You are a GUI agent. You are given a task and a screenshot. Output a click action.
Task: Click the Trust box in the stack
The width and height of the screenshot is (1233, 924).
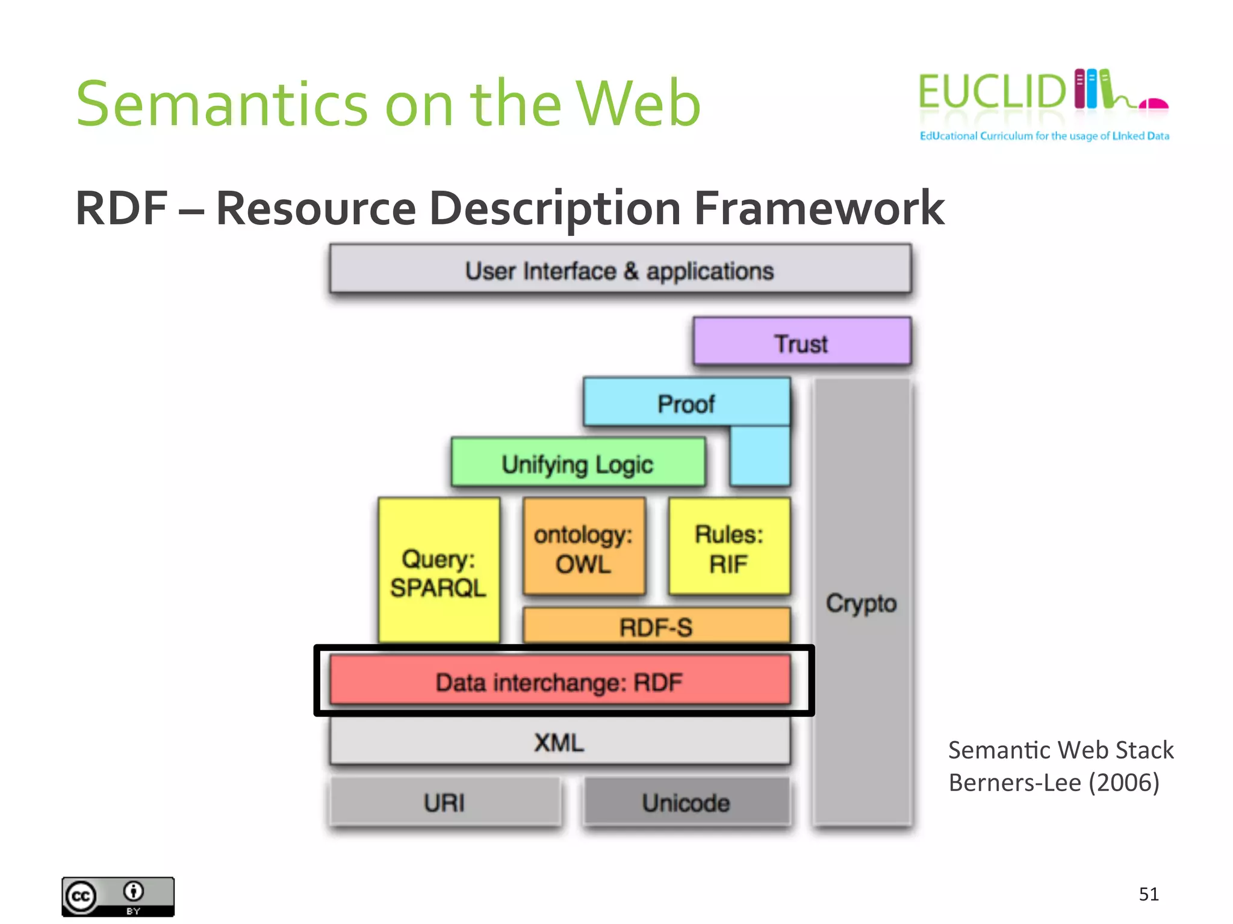click(802, 342)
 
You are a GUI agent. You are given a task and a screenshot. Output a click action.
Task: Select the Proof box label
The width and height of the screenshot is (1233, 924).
click(686, 403)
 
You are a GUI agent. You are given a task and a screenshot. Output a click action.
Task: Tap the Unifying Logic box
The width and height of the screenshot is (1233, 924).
click(578, 463)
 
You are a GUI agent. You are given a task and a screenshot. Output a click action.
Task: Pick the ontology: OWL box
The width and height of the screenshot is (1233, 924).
click(583, 547)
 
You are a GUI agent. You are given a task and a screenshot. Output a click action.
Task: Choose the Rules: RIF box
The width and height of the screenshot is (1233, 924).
click(729, 547)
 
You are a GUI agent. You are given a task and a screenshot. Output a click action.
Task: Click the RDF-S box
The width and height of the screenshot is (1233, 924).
click(656, 626)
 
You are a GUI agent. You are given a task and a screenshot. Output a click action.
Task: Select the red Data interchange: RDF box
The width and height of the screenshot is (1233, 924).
click(560, 681)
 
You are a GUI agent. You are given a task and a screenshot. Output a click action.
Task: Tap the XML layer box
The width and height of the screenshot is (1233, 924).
click(560, 742)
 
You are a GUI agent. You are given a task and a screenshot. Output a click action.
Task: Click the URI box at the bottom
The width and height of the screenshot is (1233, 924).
click(445, 802)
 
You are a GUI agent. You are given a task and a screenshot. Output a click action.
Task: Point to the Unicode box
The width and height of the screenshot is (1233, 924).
click(686, 802)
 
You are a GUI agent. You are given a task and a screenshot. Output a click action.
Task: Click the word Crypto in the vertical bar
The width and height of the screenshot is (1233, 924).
click(862, 603)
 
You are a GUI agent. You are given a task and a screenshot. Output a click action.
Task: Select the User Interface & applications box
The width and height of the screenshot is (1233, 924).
click(620, 270)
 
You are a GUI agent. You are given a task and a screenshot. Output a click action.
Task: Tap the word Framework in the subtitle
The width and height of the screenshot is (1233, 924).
click(819, 208)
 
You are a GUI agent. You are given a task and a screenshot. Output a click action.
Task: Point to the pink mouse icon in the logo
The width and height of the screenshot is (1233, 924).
click(1154, 104)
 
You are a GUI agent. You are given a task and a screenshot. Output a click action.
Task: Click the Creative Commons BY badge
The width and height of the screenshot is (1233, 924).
click(118, 896)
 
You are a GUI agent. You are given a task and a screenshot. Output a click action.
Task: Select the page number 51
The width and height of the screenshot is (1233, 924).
click(1149, 894)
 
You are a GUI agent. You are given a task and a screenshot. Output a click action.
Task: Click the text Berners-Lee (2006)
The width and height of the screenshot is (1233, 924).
click(1054, 782)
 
